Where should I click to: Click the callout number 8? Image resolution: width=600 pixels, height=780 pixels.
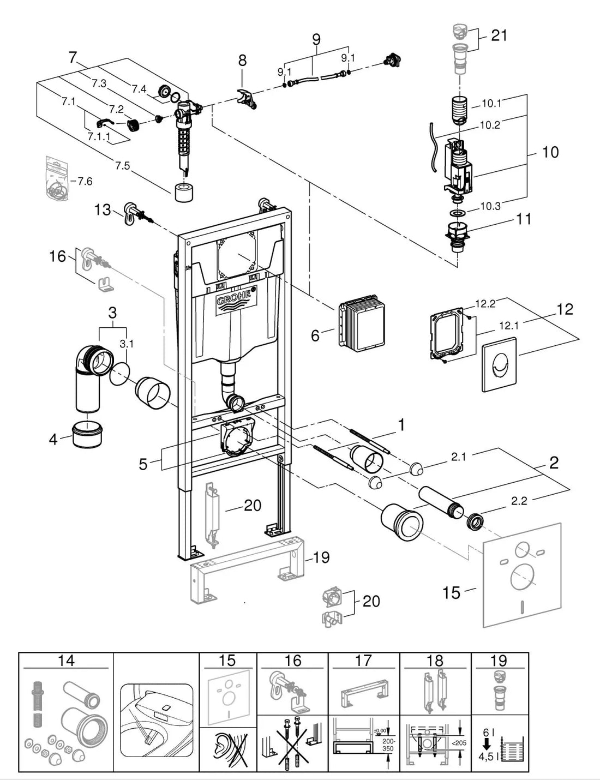243,61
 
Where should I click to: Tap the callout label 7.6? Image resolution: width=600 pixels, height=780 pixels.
85,181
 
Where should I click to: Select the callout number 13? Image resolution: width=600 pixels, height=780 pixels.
103,210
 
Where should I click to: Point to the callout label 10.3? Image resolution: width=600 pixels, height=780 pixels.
490,206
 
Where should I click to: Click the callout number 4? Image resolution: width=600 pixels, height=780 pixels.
53,439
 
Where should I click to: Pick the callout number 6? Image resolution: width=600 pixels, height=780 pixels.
315,335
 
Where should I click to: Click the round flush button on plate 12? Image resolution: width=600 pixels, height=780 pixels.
499,364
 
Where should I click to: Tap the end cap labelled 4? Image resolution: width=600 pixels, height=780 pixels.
88,435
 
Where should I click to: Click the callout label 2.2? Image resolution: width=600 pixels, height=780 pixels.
519,501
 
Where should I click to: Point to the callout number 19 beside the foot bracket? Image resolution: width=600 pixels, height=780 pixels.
321,557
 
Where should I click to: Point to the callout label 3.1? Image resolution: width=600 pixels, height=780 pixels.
127,344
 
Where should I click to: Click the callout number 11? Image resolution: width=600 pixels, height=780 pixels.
523,219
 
